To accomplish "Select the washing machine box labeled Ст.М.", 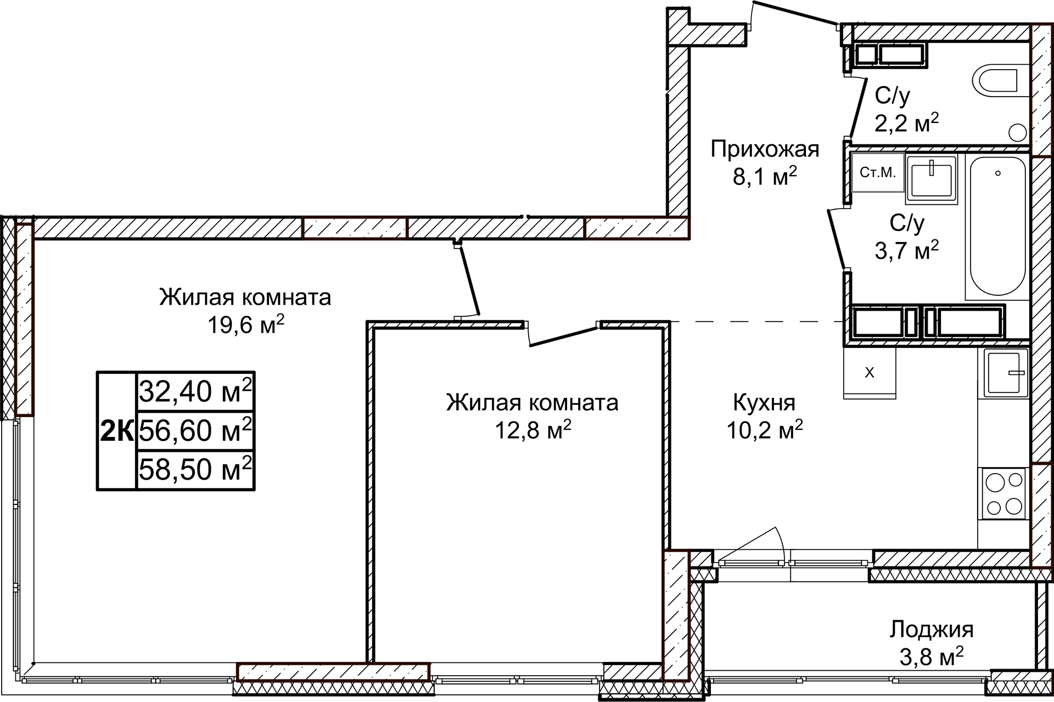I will (x=877, y=172).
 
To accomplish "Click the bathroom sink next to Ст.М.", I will (x=932, y=178).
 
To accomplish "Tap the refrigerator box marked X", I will (x=870, y=373).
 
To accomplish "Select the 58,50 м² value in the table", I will (x=195, y=470).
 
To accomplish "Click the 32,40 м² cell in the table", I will (x=195, y=391).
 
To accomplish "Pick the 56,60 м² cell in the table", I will (x=195, y=430).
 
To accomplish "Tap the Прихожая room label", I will (x=764, y=149).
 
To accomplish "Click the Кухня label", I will (x=764, y=403).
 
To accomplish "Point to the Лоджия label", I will (x=931, y=629).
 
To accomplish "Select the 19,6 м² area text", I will (x=245, y=325).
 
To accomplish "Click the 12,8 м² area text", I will (x=532, y=431).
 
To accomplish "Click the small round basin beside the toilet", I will (x=1018, y=132).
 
